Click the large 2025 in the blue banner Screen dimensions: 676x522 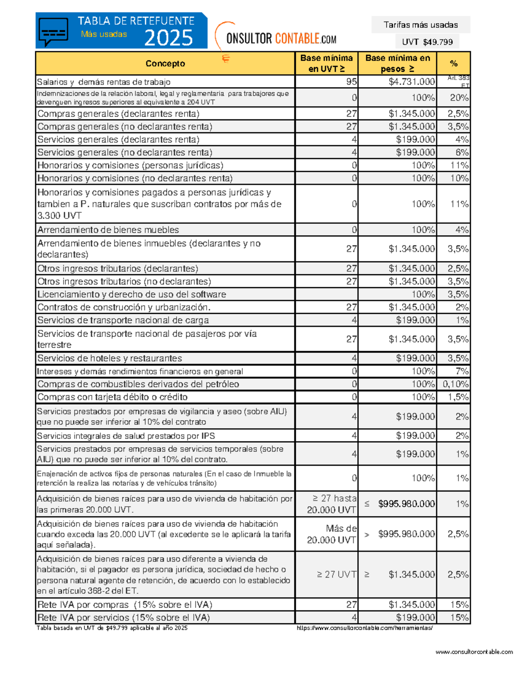168,38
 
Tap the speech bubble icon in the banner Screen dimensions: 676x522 53,31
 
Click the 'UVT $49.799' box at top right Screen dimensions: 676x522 427,42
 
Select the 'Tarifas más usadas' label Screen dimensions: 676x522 420,25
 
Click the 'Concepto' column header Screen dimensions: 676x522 165,64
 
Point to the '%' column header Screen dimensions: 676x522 454,64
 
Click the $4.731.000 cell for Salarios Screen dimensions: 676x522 412,82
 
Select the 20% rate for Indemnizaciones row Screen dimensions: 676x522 459,98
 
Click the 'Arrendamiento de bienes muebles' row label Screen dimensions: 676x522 108,230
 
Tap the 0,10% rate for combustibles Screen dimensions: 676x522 455,384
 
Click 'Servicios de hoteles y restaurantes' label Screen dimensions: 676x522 110,358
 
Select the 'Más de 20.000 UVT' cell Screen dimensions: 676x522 332,534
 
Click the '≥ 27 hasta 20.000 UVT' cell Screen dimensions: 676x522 332,504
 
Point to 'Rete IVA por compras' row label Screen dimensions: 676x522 125,605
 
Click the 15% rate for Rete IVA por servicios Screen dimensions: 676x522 459,617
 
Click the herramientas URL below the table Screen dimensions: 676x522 365,628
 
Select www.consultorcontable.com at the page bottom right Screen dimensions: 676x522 474,652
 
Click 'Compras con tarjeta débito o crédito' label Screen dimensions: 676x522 112,397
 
